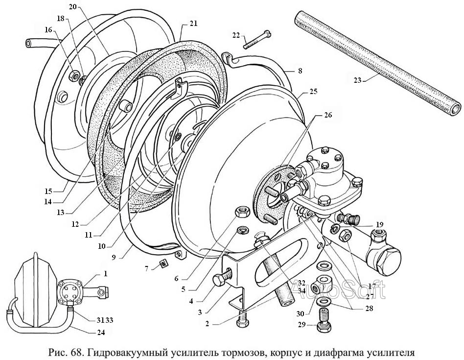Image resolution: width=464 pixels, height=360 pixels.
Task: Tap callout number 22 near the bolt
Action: coord(236,36)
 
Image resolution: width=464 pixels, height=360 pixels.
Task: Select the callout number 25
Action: coord(313,92)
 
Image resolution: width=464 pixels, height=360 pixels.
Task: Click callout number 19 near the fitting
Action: coord(379,225)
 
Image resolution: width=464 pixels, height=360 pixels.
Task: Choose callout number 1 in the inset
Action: coord(105,273)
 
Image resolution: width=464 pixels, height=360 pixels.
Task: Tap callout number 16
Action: coord(48,30)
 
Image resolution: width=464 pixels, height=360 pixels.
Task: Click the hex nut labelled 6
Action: coord(243,212)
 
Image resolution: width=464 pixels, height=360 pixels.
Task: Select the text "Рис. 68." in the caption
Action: coord(65,352)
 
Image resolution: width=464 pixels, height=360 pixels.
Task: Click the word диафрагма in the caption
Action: coord(351,352)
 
